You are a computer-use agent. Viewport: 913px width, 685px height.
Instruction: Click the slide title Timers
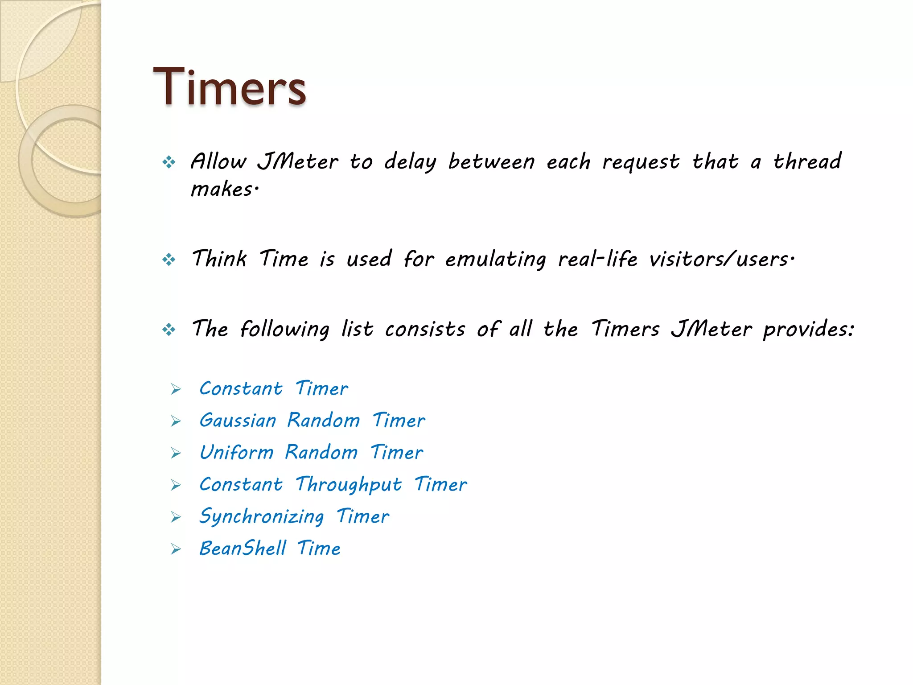(x=229, y=87)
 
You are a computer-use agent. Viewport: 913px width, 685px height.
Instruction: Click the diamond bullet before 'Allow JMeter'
(x=169, y=162)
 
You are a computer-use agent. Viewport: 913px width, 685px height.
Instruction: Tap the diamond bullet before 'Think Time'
(x=169, y=259)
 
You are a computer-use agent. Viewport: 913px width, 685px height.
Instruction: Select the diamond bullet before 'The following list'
(x=169, y=330)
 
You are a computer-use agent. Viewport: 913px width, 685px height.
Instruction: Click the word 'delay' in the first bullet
(x=410, y=161)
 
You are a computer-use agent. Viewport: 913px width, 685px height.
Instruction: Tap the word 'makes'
(x=223, y=189)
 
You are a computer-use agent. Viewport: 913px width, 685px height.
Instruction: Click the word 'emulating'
(x=495, y=259)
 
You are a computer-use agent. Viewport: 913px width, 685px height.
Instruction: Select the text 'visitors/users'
(x=720, y=259)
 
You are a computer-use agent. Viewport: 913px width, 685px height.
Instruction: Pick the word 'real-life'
(x=597, y=259)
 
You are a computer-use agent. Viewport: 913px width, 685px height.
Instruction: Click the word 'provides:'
(x=808, y=330)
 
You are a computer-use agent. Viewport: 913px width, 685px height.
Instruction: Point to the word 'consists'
(x=425, y=329)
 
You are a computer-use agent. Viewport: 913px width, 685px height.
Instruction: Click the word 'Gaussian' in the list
(x=238, y=421)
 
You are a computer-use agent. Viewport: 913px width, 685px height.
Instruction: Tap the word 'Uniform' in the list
(x=236, y=453)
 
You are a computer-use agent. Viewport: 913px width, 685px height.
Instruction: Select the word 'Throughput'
(x=349, y=485)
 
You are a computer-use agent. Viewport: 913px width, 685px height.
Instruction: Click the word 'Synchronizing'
(x=261, y=517)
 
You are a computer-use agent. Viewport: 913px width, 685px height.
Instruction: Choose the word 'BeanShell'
(x=243, y=549)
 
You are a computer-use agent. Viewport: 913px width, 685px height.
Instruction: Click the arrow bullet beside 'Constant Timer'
(x=176, y=389)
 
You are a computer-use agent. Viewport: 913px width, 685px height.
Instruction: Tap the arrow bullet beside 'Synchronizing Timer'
(x=176, y=517)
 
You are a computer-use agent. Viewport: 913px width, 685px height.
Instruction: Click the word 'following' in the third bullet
(x=284, y=330)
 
